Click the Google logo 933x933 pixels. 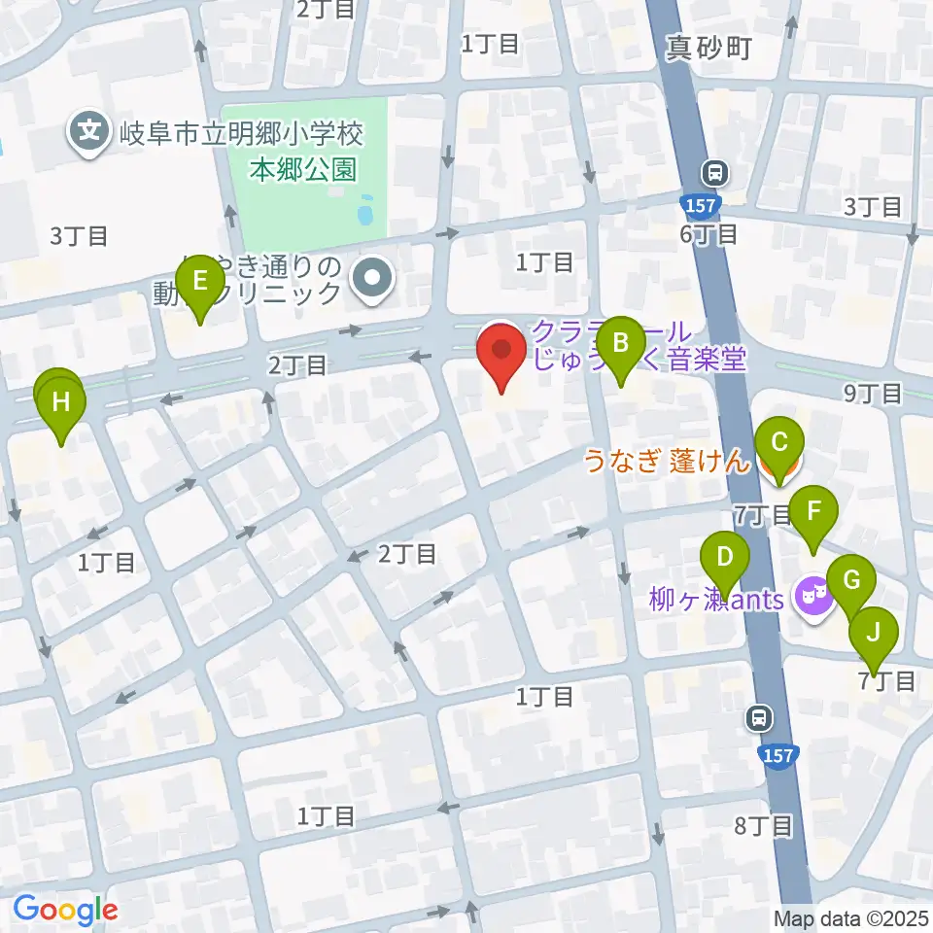tap(65, 910)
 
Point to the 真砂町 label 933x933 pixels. tap(708, 49)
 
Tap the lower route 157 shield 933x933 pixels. tap(780, 755)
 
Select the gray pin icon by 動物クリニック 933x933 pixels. tap(372, 281)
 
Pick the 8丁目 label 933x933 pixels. tap(765, 826)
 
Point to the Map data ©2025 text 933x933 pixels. tap(851, 918)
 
